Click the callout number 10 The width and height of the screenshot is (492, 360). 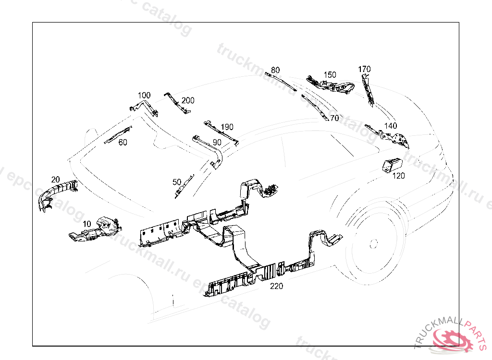coord(87,224)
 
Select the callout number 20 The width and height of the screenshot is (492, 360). coord(56,180)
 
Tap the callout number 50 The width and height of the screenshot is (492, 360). coord(177,182)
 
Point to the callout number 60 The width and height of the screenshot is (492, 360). coord(123,143)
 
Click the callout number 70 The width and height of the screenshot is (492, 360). coord(334,118)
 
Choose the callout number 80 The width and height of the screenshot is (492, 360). coord(275,70)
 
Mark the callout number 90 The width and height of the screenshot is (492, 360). coord(217,143)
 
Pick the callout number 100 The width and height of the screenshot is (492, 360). coord(144,96)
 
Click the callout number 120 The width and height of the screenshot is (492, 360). coord(398,176)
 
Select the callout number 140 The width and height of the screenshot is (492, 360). coord(391,126)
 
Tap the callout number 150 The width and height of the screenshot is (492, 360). coord(330,75)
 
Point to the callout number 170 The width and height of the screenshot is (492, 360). coord(364,69)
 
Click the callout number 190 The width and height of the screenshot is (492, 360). coord(227,127)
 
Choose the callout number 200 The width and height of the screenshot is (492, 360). coord(188,101)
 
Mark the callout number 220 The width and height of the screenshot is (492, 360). coord(276,286)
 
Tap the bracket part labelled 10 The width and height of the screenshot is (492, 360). coord(96,230)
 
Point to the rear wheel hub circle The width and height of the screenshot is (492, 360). coord(373,243)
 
